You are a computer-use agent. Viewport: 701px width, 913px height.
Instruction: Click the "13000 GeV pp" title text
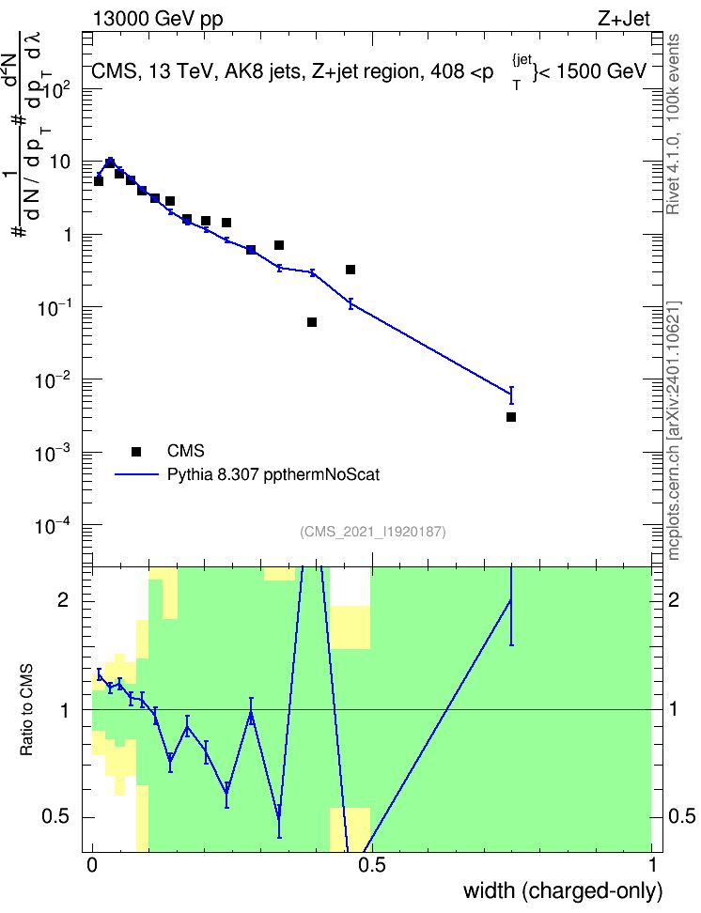[158, 19]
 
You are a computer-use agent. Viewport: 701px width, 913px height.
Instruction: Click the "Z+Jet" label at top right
[624, 19]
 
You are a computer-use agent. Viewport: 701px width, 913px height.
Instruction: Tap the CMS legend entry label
[185, 451]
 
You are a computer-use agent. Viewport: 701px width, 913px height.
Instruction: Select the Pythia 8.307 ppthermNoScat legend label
[273, 474]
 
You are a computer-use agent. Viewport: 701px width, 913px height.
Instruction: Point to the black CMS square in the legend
[136, 451]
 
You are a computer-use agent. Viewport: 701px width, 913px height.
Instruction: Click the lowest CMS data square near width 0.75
[511, 417]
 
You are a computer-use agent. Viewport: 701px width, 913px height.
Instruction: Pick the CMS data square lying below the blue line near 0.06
[119, 174]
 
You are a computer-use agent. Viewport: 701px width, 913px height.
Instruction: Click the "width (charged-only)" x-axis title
[563, 890]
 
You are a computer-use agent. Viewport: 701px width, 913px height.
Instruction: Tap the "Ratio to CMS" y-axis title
[26, 710]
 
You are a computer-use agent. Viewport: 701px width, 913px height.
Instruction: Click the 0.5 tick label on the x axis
[372, 865]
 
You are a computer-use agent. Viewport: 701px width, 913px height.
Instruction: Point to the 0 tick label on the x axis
[92, 865]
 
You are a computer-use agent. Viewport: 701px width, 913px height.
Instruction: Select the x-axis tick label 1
[652, 865]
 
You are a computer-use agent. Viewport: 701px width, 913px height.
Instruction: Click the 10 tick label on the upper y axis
[59, 162]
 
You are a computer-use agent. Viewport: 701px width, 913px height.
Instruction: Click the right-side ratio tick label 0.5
[682, 816]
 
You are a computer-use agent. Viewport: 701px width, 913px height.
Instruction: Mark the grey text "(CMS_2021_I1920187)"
[373, 532]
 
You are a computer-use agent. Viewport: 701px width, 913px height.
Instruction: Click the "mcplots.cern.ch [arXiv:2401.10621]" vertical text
[674, 431]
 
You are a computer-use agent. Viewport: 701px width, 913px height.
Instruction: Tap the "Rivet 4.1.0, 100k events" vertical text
[673, 124]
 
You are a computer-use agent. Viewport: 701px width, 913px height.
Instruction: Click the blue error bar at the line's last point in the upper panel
[511, 395]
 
